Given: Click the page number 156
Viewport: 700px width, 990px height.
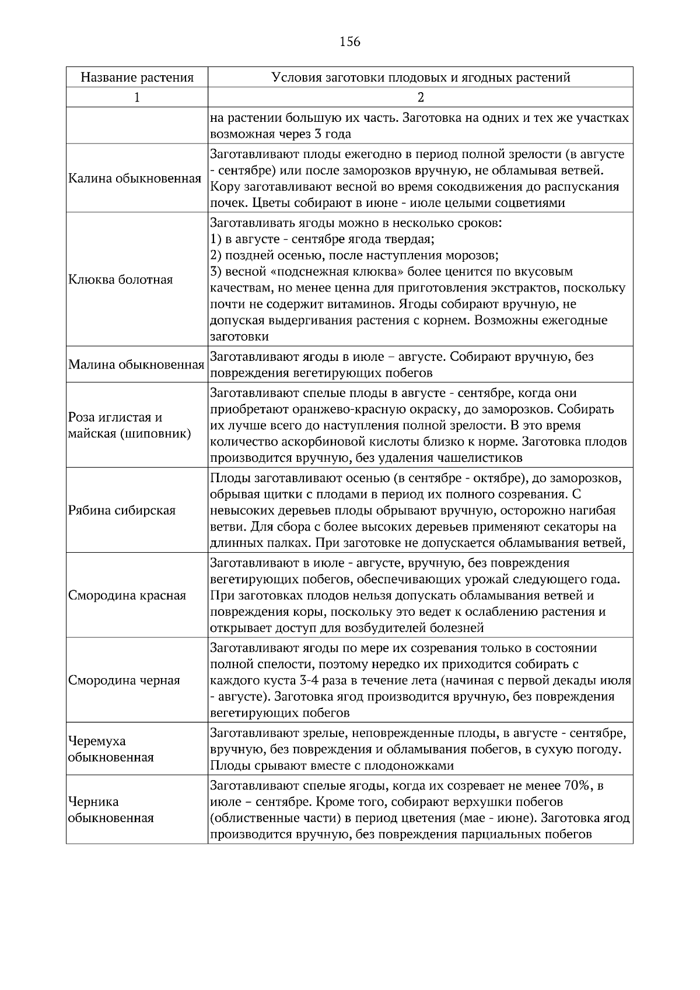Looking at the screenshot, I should point(350,42).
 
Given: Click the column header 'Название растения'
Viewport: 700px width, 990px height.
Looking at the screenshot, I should point(137,78).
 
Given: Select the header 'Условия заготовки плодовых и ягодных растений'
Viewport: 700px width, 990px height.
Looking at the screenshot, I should point(421,78).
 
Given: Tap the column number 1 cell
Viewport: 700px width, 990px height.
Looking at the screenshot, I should point(137,97).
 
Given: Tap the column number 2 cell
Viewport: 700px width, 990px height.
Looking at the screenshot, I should point(421,97).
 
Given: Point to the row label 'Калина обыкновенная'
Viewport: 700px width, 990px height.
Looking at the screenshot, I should point(135,178).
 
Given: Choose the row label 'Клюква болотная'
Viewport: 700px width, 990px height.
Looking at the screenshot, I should point(121,280).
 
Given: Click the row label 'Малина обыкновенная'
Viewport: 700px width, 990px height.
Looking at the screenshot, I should point(136,365).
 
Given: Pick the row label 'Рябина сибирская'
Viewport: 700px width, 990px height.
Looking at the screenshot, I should point(122,511).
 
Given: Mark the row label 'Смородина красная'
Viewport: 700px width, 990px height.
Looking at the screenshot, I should point(127,596).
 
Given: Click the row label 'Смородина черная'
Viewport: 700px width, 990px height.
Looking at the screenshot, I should point(124,680).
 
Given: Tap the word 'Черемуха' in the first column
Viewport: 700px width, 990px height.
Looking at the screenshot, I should point(97,742).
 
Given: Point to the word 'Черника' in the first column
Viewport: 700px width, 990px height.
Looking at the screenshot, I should point(93,802).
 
